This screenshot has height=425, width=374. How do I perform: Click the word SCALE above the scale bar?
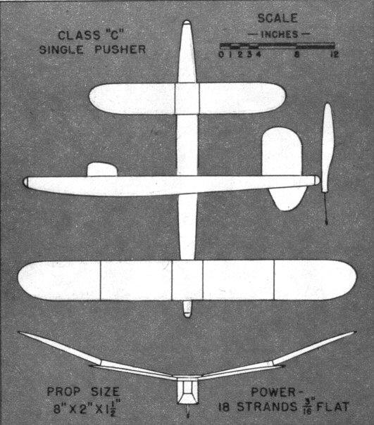click(278, 18)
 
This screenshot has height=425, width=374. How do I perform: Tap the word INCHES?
click(280, 34)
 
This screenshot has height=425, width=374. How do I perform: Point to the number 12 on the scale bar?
click(335, 54)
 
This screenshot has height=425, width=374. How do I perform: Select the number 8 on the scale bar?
click(297, 54)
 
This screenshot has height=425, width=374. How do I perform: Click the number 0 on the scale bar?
click(221, 54)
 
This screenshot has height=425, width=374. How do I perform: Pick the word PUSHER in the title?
click(120, 49)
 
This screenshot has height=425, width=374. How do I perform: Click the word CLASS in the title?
click(78, 35)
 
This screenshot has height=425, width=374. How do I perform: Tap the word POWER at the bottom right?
click(273, 392)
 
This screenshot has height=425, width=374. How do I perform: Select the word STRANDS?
click(267, 407)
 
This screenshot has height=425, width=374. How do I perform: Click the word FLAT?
click(332, 407)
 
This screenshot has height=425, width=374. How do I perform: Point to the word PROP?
click(64, 392)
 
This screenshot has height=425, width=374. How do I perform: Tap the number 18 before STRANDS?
click(224, 407)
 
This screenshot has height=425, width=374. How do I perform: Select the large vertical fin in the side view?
click(282, 168)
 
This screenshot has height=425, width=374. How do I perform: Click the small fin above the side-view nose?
click(102, 170)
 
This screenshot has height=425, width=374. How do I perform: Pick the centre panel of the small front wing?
click(187, 99)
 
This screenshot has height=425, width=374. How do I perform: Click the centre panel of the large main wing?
click(187, 280)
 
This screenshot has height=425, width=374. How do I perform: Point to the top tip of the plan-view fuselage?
click(187, 20)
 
